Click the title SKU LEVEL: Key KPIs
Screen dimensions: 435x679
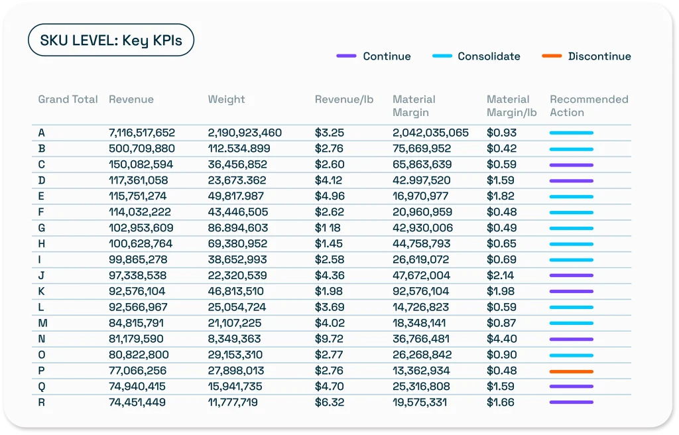tap(110, 41)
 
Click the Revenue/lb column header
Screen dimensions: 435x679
tap(343, 99)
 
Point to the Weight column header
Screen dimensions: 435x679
tap(226, 99)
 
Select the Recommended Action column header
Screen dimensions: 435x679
tap(588, 106)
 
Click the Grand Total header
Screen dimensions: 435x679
tap(68, 99)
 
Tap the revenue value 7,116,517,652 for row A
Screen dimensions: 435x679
tap(142, 133)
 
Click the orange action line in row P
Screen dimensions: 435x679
tap(571, 371)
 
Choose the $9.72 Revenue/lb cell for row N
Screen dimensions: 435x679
tap(329, 339)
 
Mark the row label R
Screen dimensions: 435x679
tap(42, 403)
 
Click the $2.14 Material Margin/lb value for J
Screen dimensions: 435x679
tap(501, 275)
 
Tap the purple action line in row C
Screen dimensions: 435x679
tap(571, 164)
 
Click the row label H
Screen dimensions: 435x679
tap(42, 244)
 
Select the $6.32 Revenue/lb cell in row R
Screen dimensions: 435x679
tap(329, 403)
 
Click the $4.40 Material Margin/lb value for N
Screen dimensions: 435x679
tap(501, 339)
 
